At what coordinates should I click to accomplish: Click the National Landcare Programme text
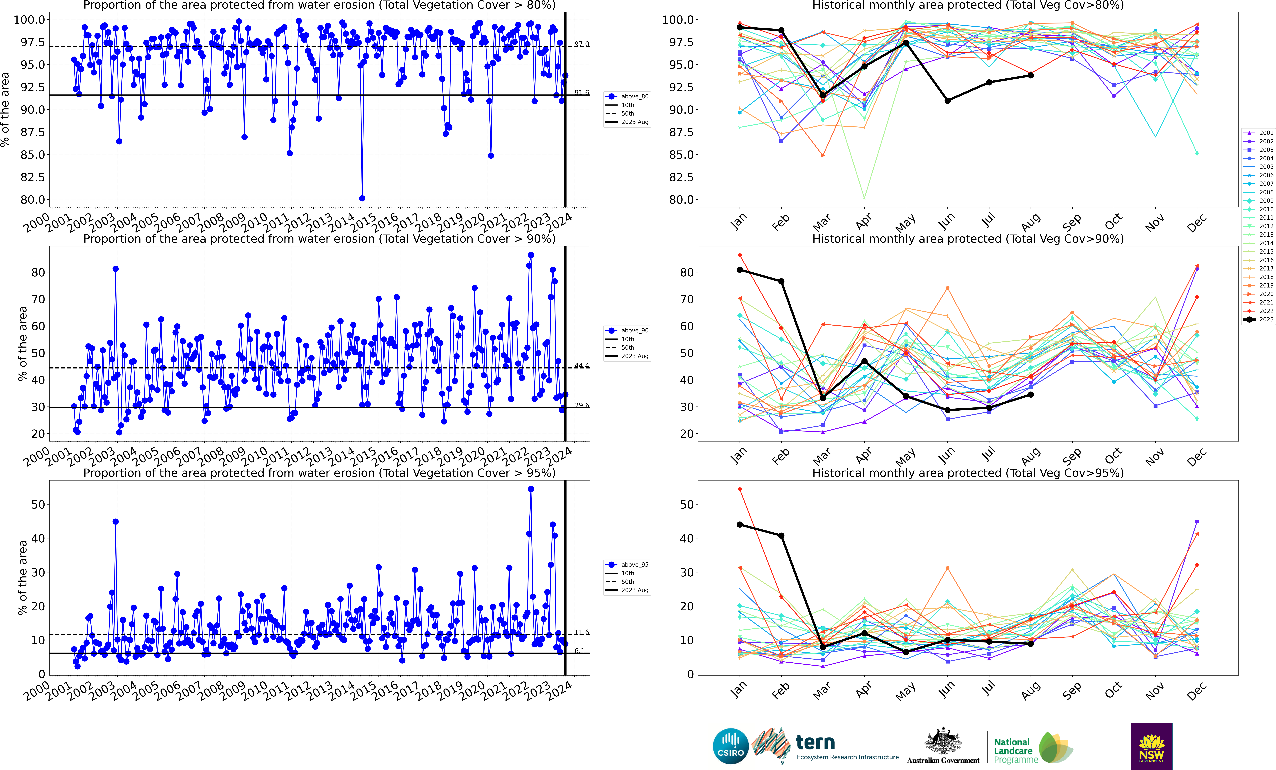[x=1015, y=751]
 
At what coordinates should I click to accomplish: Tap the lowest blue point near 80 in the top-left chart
[x=362, y=198]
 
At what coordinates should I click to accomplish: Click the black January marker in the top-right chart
[x=739, y=27]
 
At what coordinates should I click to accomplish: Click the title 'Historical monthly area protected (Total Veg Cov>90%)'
[x=967, y=239]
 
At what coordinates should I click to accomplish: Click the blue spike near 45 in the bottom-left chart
[x=116, y=521]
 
